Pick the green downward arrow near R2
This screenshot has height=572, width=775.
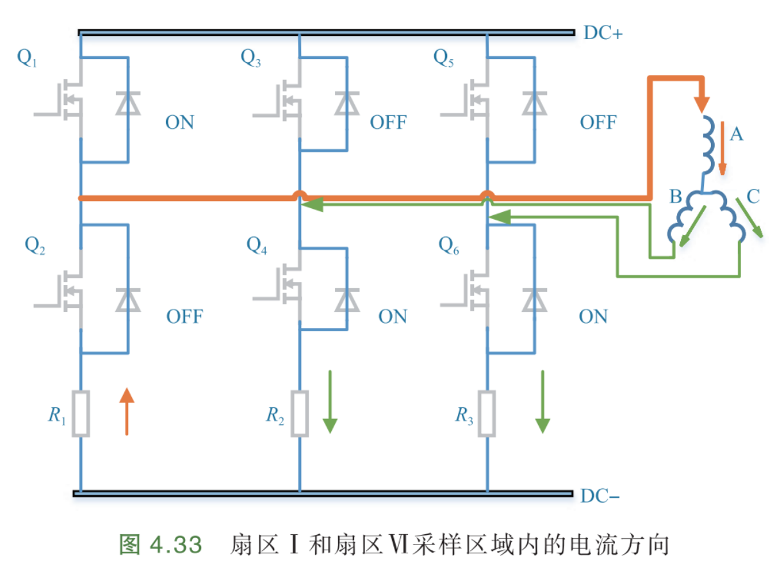pyautogui.click(x=330, y=402)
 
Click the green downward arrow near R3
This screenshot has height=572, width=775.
pyautogui.click(x=542, y=402)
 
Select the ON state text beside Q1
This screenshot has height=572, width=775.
pyautogui.click(x=179, y=123)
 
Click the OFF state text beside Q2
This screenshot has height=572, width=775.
pyautogui.click(x=184, y=316)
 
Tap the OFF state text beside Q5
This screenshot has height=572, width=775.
pyautogui.click(x=598, y=123)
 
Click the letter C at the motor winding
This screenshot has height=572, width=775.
pyautogui.click(x=753, y=197)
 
